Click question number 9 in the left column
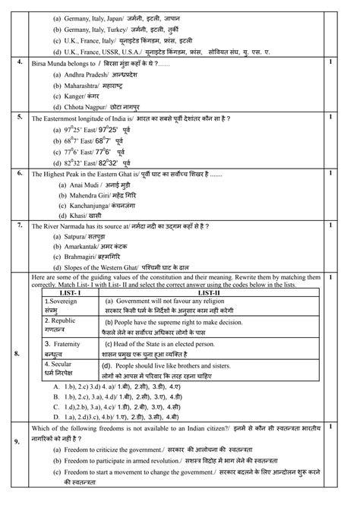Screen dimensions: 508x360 point(18,443)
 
